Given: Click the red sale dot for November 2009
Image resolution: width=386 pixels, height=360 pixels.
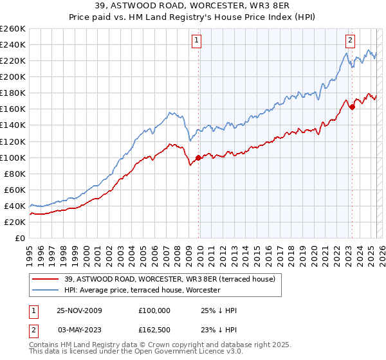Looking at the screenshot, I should pyautogui.click(x=198, y=157).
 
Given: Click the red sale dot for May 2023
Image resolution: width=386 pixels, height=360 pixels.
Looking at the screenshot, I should pyautogui.click(x=352, y=107).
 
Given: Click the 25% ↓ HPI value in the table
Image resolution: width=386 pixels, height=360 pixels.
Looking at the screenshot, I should pyautogui.click(x=219, y=310).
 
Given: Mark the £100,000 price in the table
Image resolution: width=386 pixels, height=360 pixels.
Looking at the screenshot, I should pyautogui.click(x=154, y=310).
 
